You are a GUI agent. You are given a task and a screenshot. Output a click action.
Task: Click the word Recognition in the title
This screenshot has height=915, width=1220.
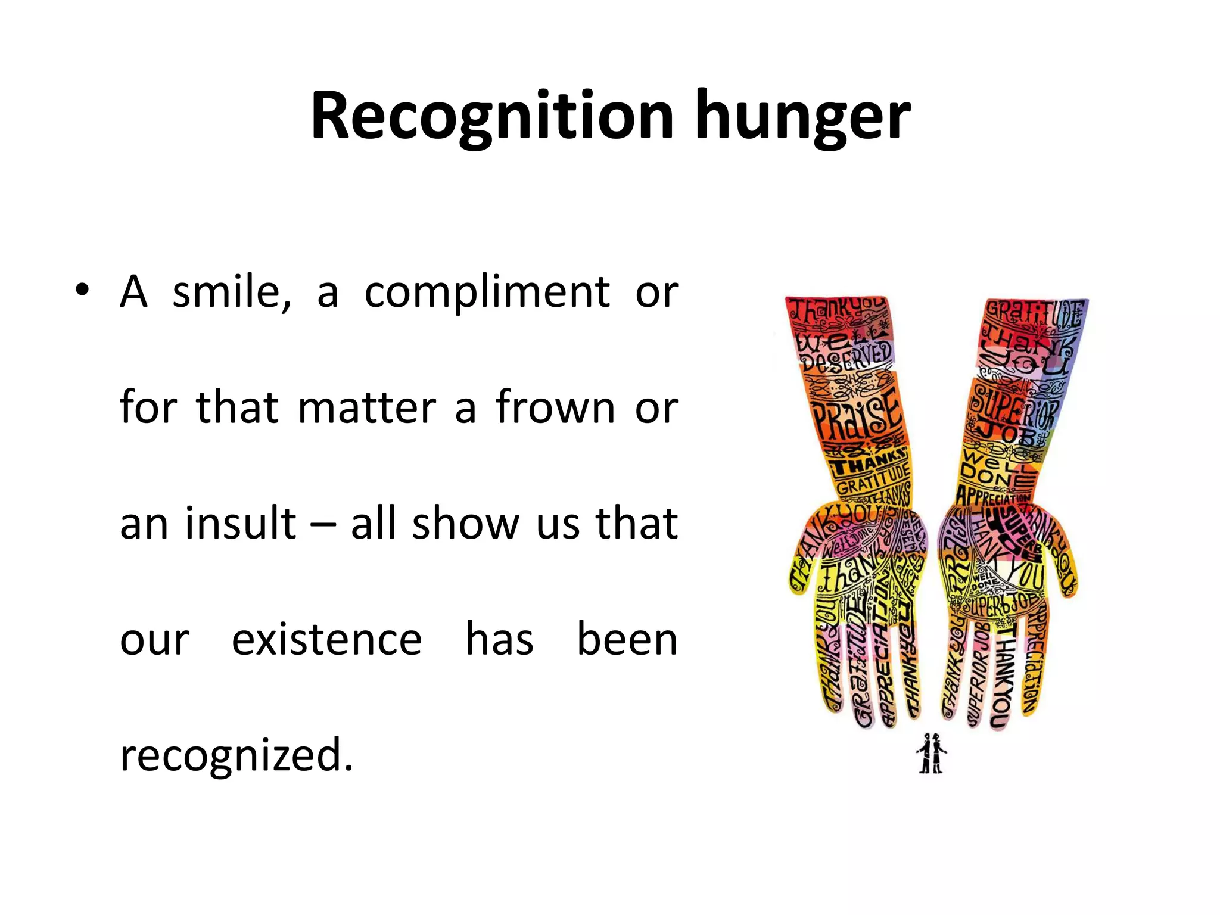coord(492,116)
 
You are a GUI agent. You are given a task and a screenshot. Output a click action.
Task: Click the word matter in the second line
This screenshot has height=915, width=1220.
coord(367,408)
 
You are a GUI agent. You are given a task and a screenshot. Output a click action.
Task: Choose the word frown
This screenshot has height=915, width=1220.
coord(555,408)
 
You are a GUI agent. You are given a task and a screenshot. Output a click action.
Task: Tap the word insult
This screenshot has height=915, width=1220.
coord(241,523)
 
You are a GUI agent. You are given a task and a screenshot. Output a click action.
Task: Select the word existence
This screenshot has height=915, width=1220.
coord(326,640)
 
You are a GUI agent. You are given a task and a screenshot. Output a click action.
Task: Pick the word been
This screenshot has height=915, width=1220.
coord(627,639)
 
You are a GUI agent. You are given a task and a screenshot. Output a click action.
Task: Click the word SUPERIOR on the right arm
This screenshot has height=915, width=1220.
coord(1013,407)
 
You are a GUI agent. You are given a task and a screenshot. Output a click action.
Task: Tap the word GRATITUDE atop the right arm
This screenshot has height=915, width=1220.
coord(1034,313)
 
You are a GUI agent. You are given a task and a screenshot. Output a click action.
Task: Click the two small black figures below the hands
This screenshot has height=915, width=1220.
coord(931,754)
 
